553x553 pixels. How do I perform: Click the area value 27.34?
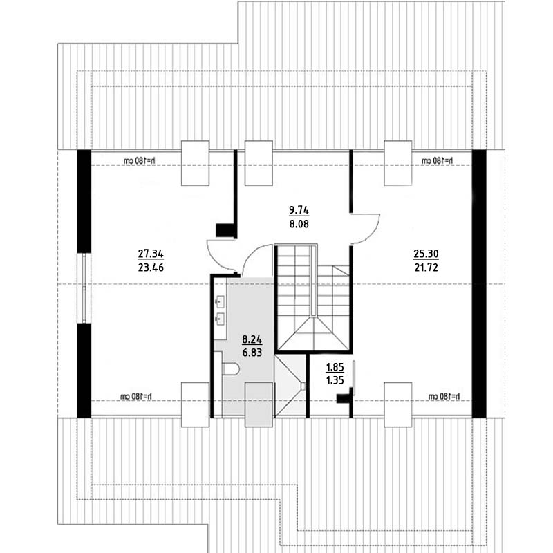[x=151, y=254]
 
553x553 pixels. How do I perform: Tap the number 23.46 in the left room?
[x=151, y=268]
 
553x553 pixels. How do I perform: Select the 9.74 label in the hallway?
[x=299, y=210]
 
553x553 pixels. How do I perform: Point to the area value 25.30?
[x=426, y=254]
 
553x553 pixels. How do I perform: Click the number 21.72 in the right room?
[x=426, y=268]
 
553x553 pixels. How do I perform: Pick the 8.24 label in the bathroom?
[x=252, y=339]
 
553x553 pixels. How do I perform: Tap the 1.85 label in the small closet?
[x=335, y=367]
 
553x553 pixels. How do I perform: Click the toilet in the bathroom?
[x=231, y=369]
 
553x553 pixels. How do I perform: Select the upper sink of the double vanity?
[x=220, y=301]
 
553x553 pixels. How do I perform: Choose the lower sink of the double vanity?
[x=220, y=319]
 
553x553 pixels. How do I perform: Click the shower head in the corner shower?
[x=303, y=386]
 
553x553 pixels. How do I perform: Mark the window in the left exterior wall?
[x=84, y=288]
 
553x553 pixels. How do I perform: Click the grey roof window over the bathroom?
[x=259, y=405]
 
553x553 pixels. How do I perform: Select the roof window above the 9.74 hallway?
[x=259, y=163]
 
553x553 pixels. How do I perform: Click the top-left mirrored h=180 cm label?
[x=140, y=161]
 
